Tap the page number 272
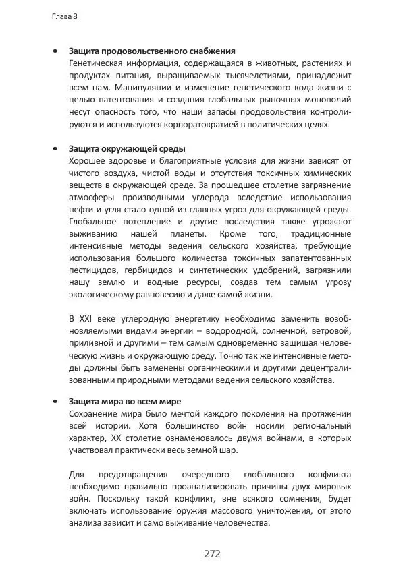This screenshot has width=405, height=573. [x=212, y=554]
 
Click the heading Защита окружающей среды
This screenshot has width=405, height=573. [x=127, y=148]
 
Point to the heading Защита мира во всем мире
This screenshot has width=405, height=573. [x=125, y=402]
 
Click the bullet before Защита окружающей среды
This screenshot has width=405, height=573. [x=54, y=148]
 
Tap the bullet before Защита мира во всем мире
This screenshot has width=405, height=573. [x=54, y=402]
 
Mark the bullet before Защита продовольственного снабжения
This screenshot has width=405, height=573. [x=54, y=51]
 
